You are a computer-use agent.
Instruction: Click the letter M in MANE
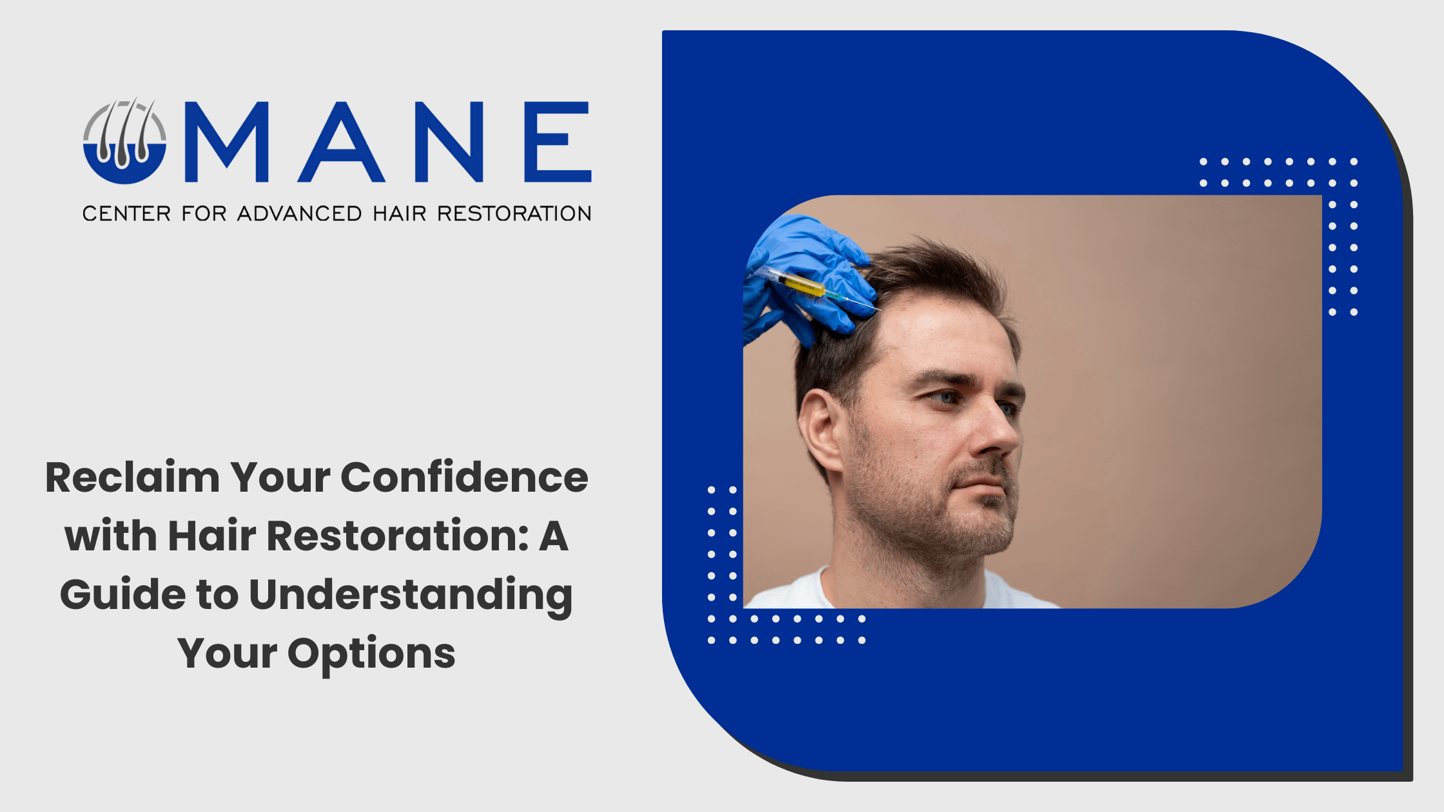coord(226,142)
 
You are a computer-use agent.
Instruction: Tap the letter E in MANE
coord(558,142)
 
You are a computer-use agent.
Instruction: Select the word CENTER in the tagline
coord(126,213)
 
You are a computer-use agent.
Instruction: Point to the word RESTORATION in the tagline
coord(514,213)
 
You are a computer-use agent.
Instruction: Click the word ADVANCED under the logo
coord(299,213)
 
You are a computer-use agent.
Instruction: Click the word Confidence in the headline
coord(464,478)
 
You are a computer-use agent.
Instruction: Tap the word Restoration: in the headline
coord(398,536)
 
